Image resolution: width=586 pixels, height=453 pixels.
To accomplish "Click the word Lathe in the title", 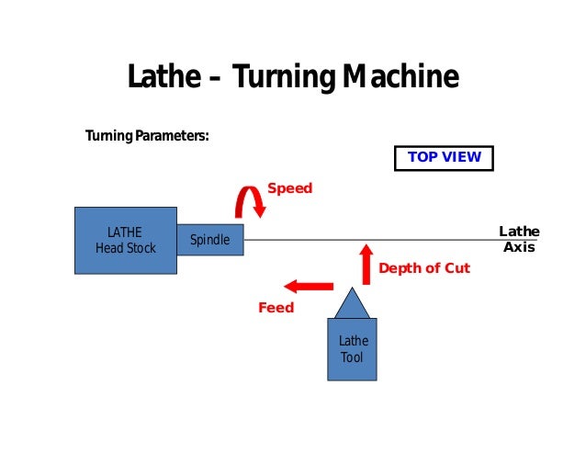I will coord(163,78).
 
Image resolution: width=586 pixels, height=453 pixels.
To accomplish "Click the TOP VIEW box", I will coord(444,157).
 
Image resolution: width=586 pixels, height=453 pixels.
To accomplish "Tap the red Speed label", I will coord(289,188).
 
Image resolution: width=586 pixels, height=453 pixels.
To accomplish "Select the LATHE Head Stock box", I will coord(125,240).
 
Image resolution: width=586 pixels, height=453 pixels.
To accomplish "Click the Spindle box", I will coord(210,241).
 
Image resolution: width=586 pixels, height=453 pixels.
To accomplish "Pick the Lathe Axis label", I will coord(519,239).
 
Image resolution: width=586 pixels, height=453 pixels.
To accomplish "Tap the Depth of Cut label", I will coord(423,268).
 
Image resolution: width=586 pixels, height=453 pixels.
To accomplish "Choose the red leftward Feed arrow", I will coord(307,286).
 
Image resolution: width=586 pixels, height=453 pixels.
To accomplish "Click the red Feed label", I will coord(276,308).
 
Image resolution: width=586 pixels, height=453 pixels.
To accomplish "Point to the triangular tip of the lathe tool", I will coord(352,302).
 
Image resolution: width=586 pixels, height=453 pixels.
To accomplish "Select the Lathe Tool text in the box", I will coord(353,349).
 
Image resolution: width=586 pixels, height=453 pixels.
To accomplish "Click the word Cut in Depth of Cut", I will coord(456,268).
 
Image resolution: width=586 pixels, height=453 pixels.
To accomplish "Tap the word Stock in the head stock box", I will coord(141,248).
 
